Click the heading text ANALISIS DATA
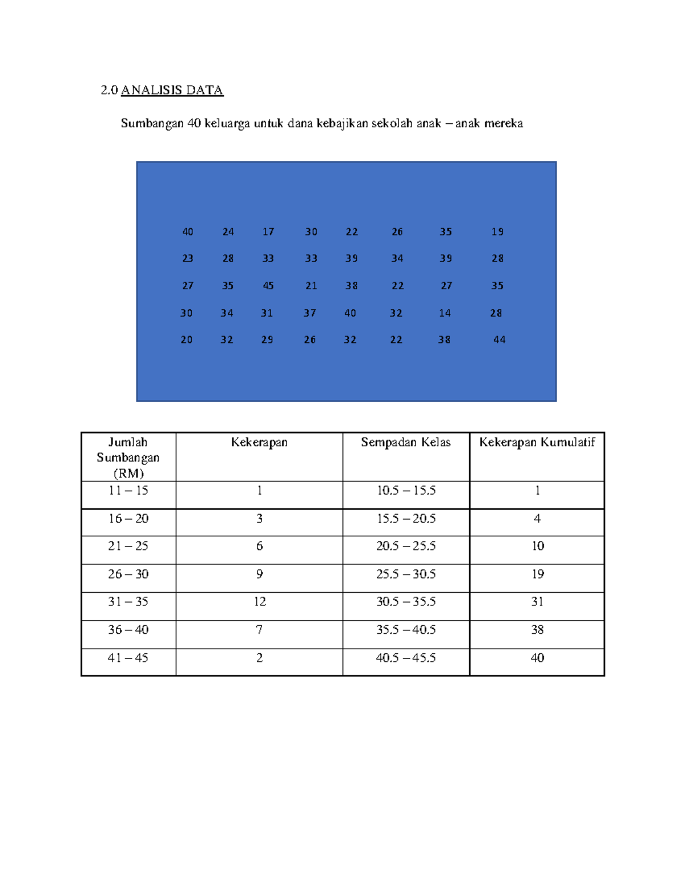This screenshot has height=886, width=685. [172, 90]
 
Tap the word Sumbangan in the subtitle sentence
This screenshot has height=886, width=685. [152, 123]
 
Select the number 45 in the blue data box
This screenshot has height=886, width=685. [268, 286]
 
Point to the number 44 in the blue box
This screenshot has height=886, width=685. [499, 340]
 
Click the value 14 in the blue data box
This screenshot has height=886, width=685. [445, 313]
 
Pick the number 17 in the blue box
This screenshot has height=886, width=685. [268, 232]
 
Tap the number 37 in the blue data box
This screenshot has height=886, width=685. [309, 313]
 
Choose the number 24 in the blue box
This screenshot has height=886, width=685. [228, 232]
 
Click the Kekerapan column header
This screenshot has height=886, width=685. [259, 443]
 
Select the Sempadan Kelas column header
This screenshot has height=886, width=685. [406, 443]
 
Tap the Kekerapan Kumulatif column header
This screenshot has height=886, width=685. [537, 443]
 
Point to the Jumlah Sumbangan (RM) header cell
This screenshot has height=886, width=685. [128, 458]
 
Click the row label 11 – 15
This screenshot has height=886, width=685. [128, 491]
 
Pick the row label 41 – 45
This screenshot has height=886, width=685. [128, 658]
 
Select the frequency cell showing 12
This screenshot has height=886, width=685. [260, 602]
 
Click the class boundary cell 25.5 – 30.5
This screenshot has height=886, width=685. [406, 575]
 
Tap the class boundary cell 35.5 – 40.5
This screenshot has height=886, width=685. [406, 630]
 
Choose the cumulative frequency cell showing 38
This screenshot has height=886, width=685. [537, 630]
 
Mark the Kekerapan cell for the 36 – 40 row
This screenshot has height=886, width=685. [259, 630]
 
